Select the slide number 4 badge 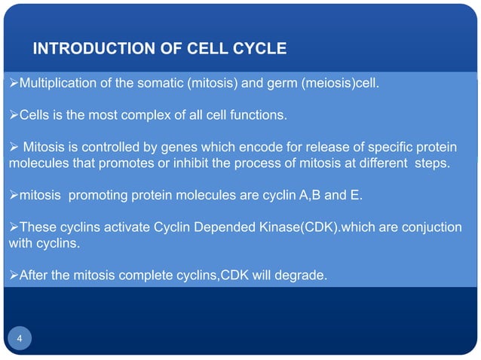(x=20, y=339)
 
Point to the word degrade (x=302, y=276)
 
